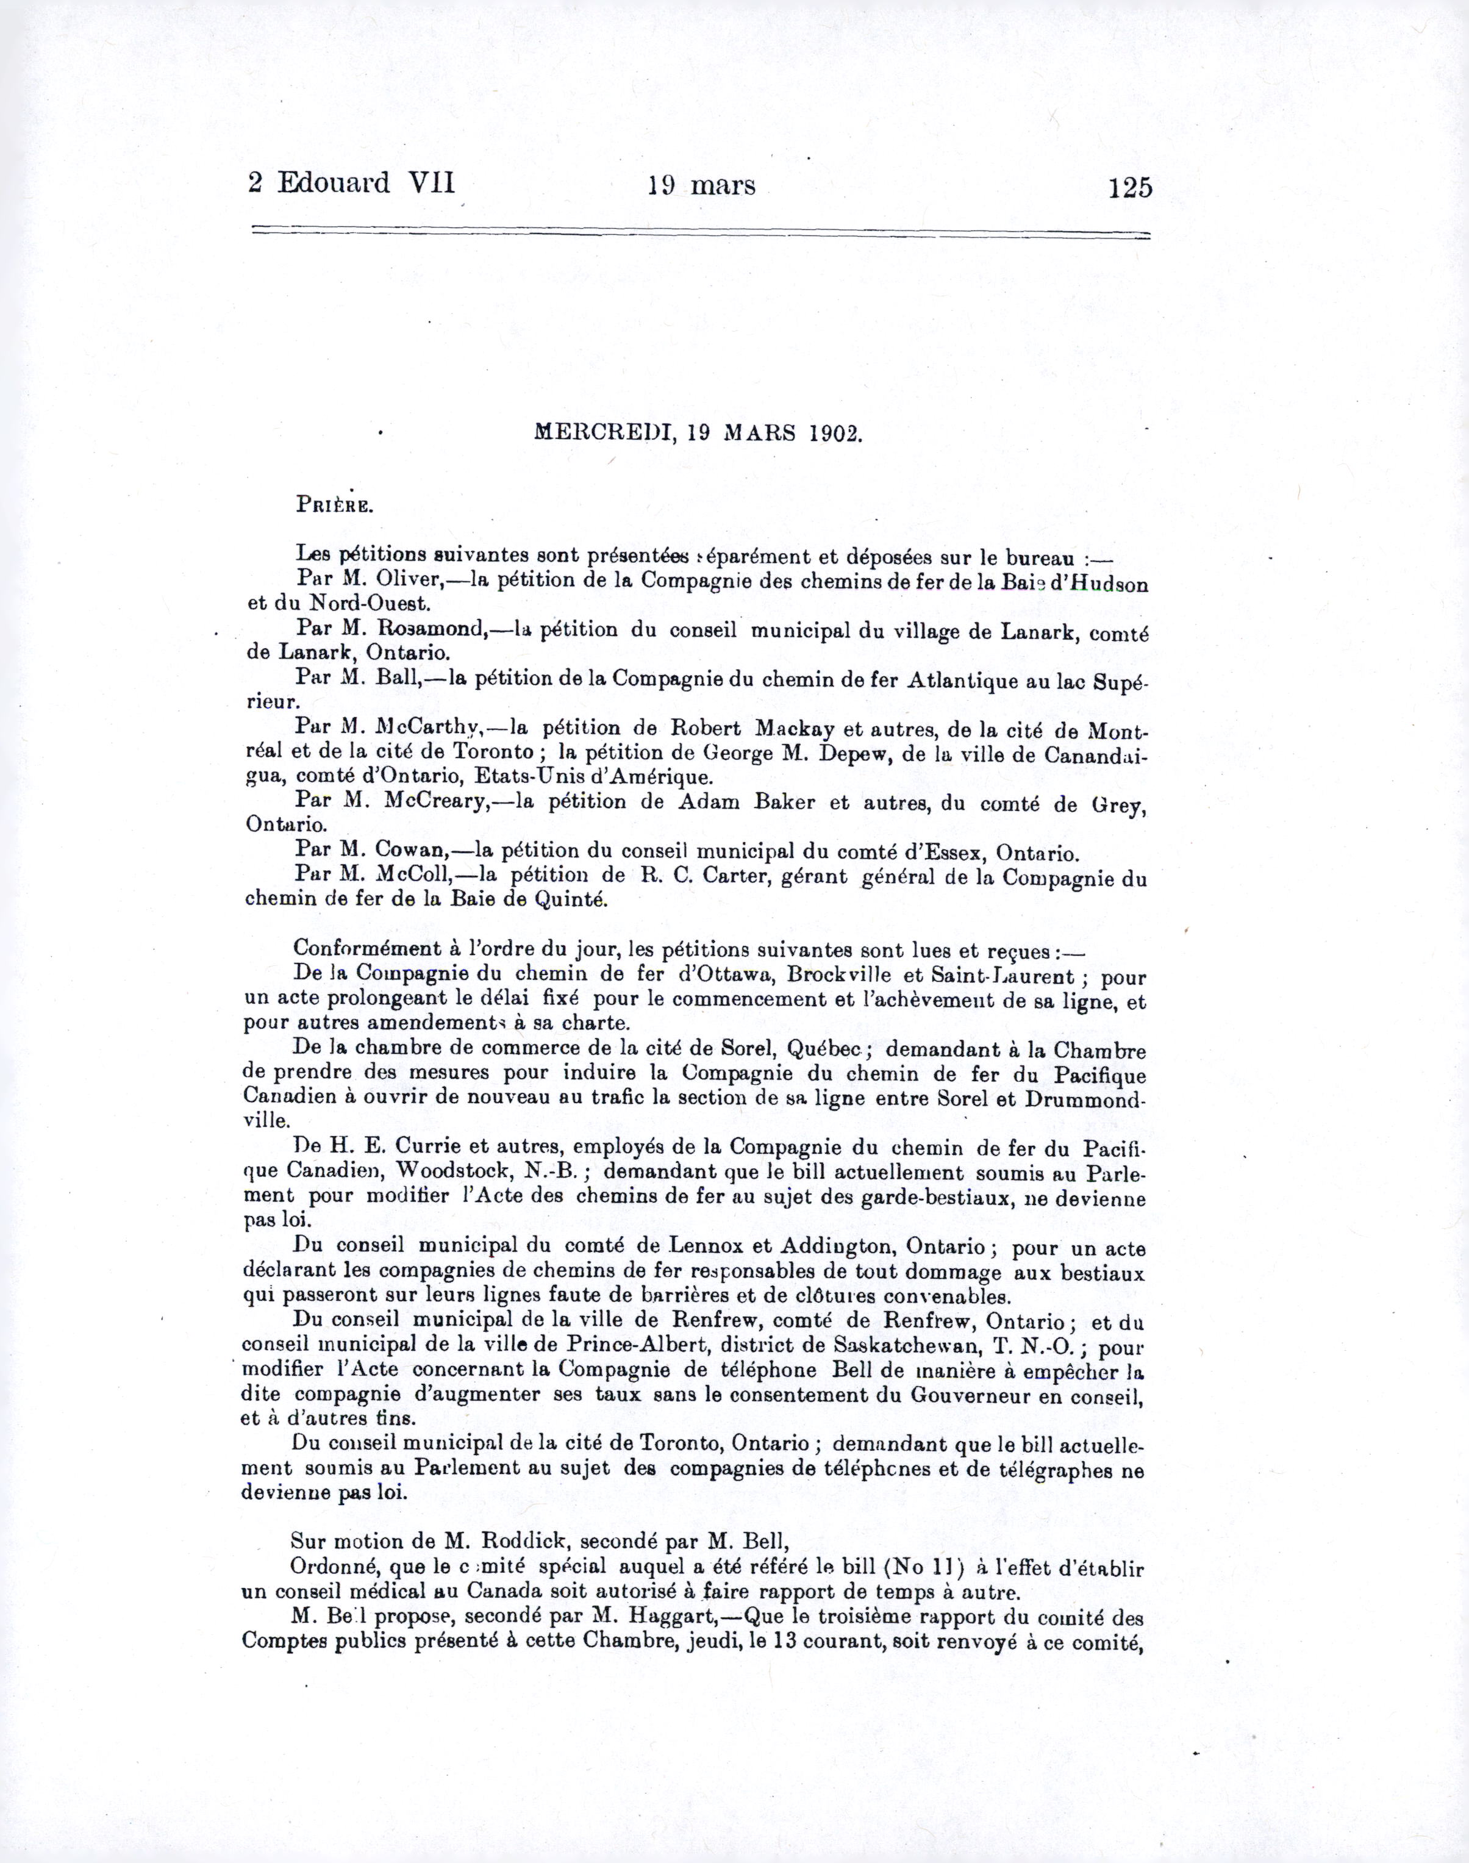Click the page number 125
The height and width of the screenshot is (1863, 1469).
(x=1129, y=187)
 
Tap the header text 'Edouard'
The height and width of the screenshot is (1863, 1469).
(x=333, y=183)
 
